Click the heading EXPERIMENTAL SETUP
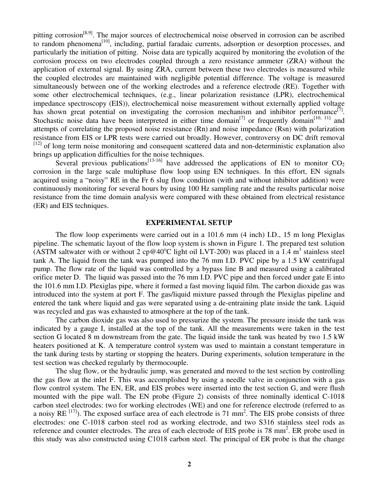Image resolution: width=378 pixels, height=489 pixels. coord(189,223)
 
